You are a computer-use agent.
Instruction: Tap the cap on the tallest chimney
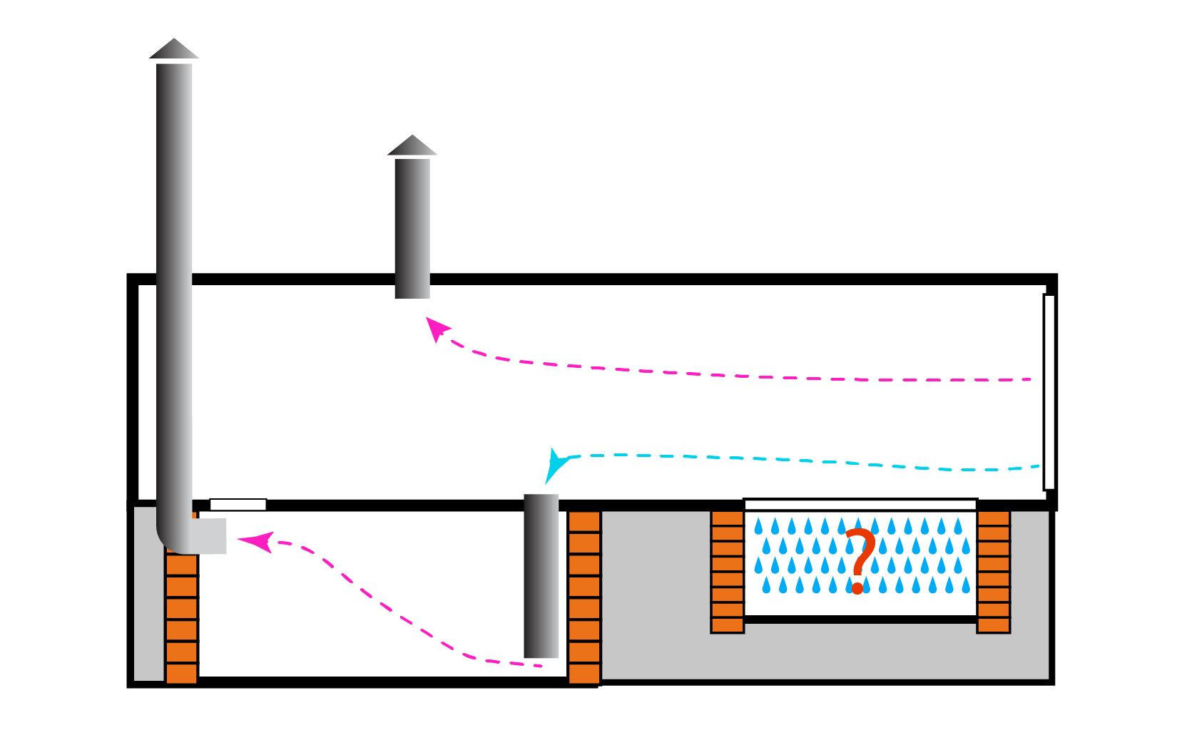173,49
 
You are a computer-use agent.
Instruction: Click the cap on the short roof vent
412,145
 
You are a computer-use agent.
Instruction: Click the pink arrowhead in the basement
257,541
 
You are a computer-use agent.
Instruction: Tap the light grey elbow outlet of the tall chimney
208,536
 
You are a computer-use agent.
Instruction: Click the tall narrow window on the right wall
1049,392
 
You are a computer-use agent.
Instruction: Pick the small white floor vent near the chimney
238,505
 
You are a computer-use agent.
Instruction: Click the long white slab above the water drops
860,505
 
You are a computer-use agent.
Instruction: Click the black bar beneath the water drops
860,620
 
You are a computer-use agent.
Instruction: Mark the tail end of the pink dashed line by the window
1028,379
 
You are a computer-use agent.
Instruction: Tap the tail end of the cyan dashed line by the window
1036,467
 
